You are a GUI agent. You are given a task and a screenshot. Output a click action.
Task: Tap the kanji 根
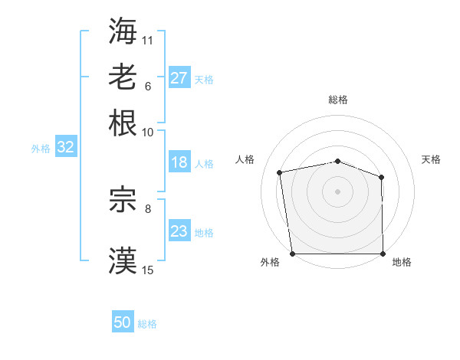123,123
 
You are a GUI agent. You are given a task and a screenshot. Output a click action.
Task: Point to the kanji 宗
123,201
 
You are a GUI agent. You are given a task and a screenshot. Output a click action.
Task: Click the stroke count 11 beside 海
148,39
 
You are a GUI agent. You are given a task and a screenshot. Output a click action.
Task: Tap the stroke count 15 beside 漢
148,270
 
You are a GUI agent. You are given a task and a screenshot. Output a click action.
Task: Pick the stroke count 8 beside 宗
148,208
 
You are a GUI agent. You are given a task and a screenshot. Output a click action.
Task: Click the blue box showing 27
179,78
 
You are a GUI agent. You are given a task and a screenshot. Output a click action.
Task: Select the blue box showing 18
179,162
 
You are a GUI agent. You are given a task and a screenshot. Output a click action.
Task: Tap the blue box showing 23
179,231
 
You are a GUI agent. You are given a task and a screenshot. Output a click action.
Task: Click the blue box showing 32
66,148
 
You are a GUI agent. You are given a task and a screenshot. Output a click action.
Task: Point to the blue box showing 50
123,322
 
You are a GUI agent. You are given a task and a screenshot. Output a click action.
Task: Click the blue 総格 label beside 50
147,324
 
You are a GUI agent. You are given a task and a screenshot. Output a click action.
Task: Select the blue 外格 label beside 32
41,149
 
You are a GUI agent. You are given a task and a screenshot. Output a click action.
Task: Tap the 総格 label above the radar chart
337,100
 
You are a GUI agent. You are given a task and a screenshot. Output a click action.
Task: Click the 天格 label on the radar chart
431,159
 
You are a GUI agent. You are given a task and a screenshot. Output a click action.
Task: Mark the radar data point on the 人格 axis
281,172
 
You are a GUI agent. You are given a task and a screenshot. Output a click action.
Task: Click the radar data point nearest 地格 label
383,254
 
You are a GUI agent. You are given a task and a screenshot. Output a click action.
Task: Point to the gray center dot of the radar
337,191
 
